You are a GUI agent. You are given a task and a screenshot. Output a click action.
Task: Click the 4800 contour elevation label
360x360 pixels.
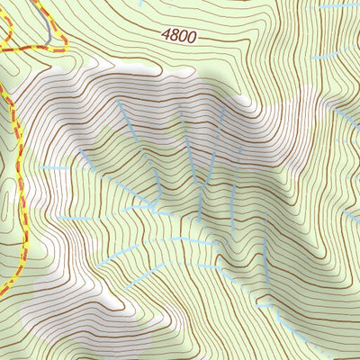click(178, 36)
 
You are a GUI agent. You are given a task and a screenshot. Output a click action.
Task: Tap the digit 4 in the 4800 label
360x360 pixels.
click(166, 34)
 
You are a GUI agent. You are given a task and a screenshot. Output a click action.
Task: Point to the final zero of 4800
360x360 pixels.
click(190, 38)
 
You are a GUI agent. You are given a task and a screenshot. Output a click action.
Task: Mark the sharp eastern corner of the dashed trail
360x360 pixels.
click(65, 40)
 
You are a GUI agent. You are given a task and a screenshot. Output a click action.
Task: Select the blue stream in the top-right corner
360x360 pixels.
click(337, 6)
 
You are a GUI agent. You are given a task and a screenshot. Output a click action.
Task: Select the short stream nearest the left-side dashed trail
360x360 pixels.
click(54, 168)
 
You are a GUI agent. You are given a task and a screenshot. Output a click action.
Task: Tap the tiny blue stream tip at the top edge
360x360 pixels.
click(141, 3)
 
